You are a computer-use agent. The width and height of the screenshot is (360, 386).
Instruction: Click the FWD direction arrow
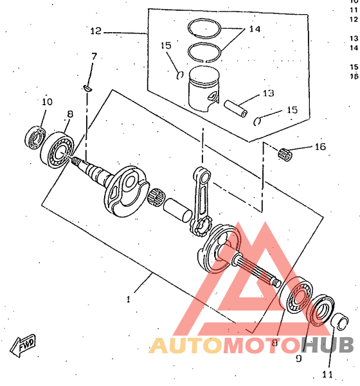23,345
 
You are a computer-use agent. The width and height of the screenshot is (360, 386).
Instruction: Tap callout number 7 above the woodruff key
94,57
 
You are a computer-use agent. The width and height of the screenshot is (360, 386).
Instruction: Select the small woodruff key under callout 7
87,88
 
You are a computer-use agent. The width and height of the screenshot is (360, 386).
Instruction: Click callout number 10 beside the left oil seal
47,101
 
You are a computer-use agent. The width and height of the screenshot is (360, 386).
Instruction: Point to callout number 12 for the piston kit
96,31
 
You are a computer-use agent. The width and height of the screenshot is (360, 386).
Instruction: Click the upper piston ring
204,28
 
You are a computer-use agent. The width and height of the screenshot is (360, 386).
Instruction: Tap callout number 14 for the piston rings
255,29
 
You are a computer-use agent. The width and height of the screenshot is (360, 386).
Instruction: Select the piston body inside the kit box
204,89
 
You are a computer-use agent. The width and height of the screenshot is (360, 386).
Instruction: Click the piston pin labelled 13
235,109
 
